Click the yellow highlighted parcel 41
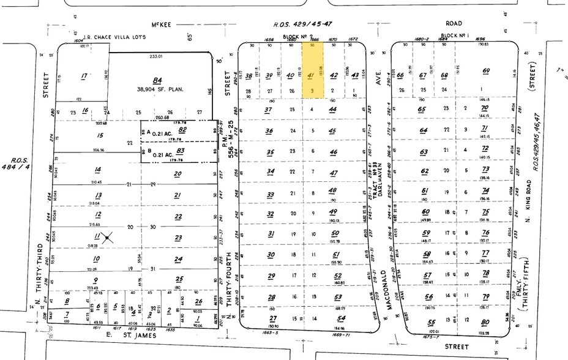pyautogui.click(x=313, y=75)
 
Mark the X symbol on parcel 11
pyautogui.click(x=107, y=237)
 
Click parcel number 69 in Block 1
pyautogui.click(x=487, y=72)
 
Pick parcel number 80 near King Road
pyautogui.click(x=485, y=321)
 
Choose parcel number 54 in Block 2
pyautogui.click(x=334, y=318)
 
